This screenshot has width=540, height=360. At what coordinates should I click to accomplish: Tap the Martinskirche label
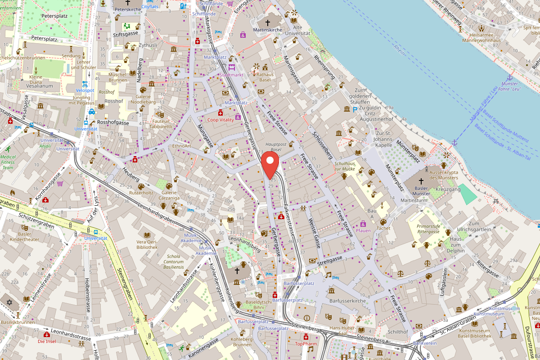267,30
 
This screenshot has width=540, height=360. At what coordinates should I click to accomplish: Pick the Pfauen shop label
363,230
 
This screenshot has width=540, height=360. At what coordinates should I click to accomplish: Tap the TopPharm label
306,344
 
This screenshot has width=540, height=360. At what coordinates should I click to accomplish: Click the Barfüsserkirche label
347,301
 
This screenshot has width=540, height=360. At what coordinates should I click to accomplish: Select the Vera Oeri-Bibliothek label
147,244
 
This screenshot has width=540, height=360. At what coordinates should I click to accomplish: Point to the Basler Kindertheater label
25,237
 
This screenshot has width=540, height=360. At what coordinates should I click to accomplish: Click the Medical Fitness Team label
8,162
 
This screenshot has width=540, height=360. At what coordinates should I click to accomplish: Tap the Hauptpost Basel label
273,147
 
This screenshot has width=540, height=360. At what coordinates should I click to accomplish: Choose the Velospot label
85,90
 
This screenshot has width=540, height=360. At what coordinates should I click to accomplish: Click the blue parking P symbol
355,109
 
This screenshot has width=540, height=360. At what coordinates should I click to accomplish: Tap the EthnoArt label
182,146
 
